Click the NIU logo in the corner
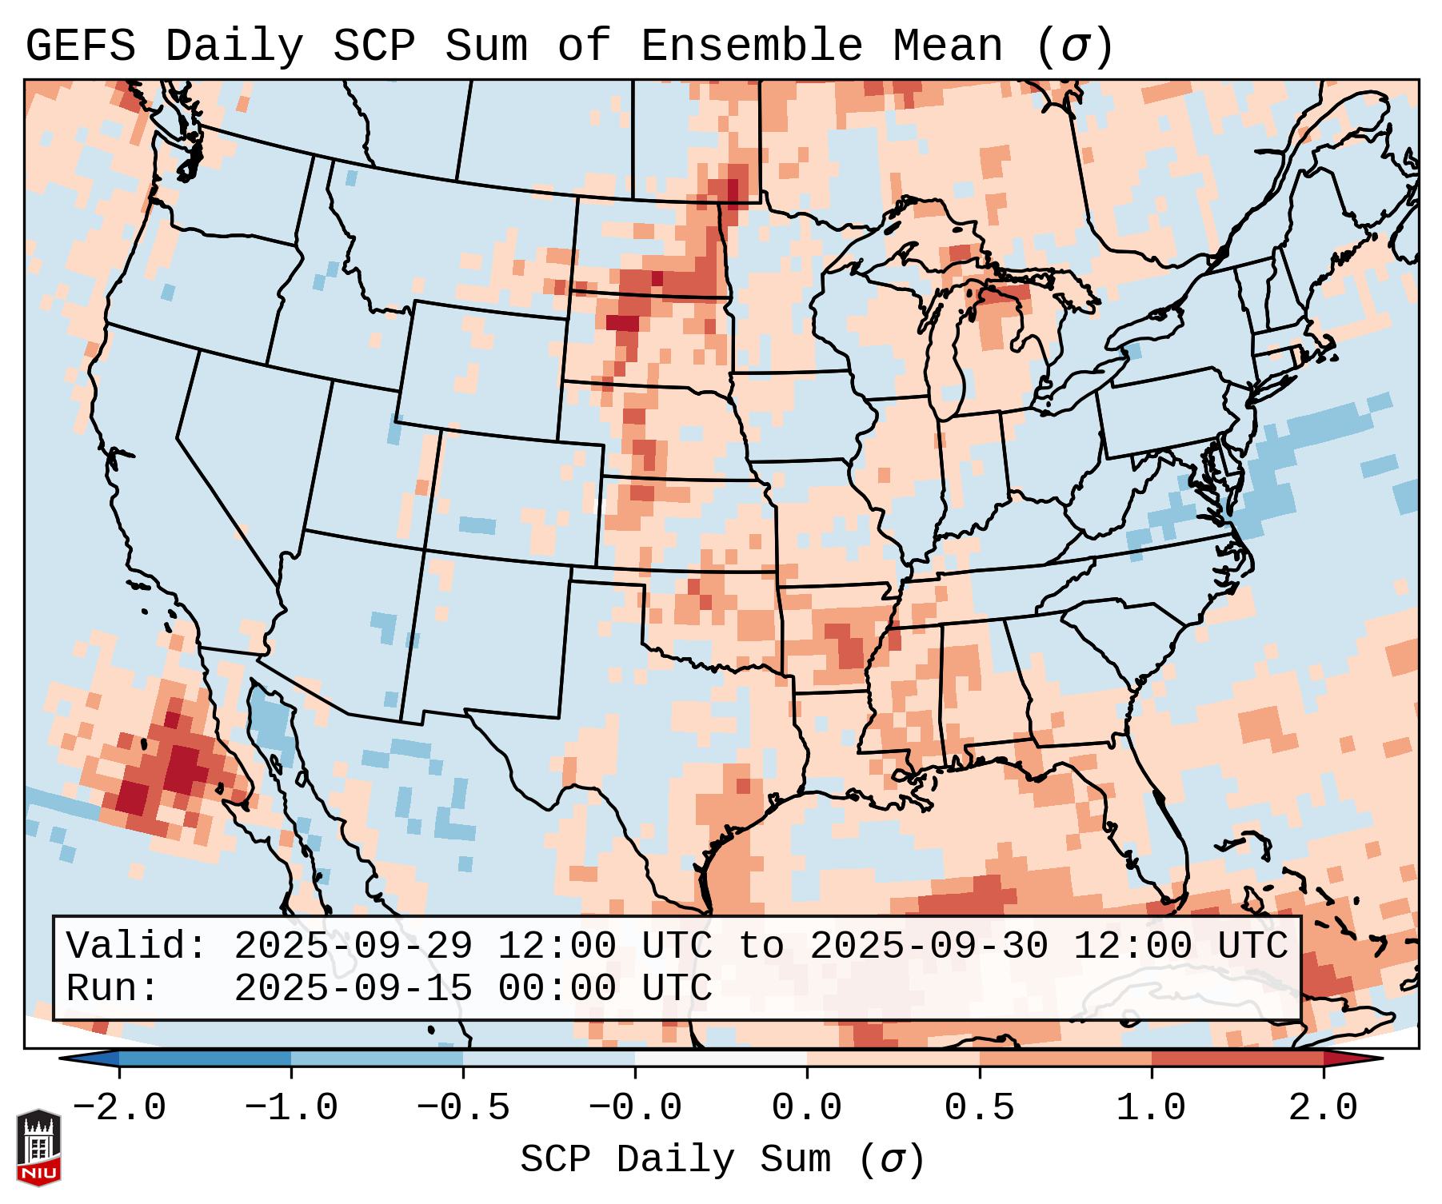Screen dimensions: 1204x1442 pos(38,1146)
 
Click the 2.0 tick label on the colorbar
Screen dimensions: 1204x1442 pos(1324,1108)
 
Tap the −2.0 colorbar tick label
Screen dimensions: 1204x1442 pos(119,1108)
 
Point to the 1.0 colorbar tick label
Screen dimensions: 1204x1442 pos(1151,1108)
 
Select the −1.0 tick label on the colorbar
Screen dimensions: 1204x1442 pos(291,1108)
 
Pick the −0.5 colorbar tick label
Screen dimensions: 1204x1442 pos(463,1108)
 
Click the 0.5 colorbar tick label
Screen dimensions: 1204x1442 pos(979,1108)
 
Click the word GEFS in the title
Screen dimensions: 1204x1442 pos(80,46)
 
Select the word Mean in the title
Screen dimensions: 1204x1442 pos(948,46)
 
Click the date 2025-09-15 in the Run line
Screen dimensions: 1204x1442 pos(353,988)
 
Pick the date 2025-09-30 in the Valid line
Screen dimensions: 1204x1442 pos(929,947)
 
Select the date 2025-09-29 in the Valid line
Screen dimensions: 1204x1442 pos(353,947)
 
